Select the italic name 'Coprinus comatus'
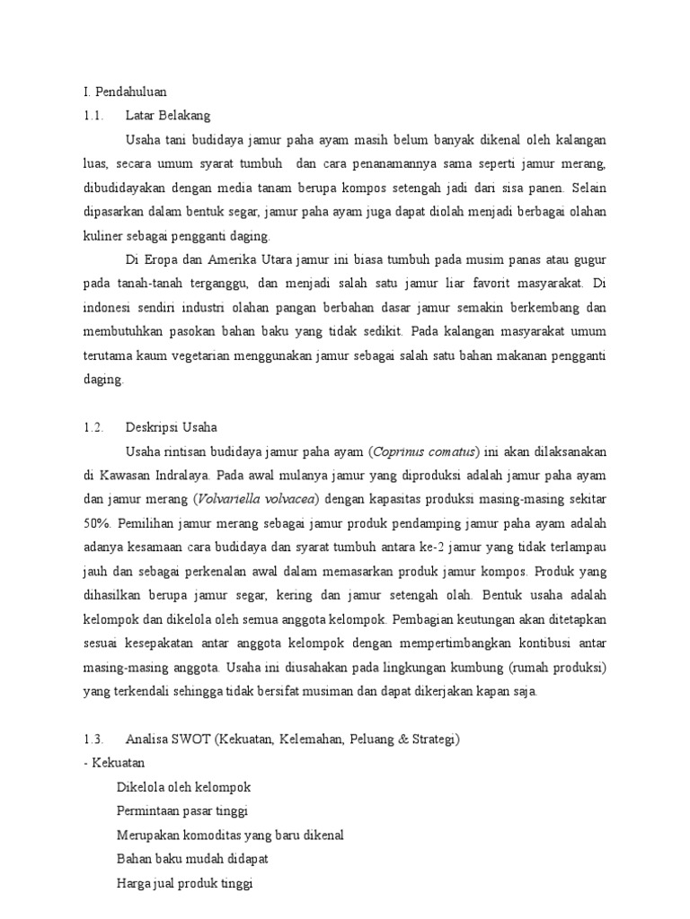point(424,451)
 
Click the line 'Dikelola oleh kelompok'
point(183,787)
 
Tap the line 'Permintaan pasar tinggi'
point(182,811)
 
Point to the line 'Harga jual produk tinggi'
point(185,883)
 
